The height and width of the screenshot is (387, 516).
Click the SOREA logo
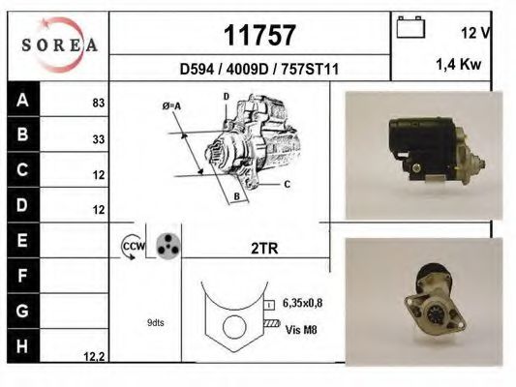click(x=59, y=45)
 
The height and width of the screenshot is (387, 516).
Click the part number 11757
click(x=259, y=35)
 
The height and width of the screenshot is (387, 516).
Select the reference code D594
click(x=197, y=70)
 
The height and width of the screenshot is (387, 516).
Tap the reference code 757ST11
click(x=310, y=70)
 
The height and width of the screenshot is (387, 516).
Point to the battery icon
click(x=410, y=27)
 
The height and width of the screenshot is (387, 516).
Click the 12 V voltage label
click(x=476, y=33)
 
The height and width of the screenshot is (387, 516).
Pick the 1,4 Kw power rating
click(x=459, y=65)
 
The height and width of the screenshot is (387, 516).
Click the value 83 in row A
click(x=99, y=103)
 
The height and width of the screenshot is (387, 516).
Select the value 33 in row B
click(x=99, y=139)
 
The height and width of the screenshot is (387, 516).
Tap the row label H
click(x=22, y=346)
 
